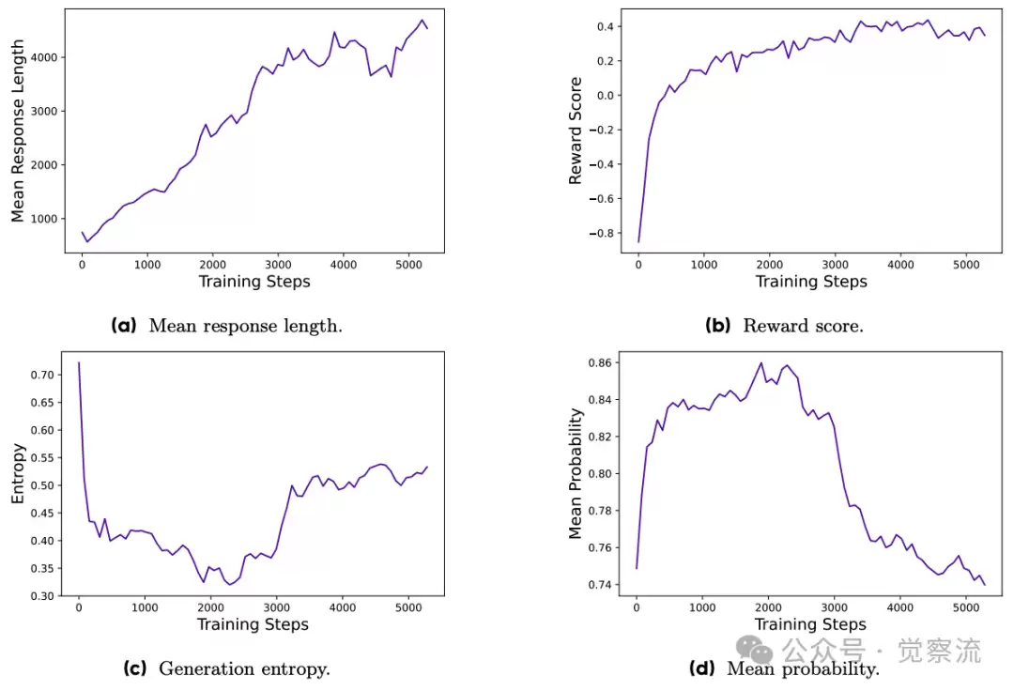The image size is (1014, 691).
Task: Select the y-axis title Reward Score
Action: (576, 131)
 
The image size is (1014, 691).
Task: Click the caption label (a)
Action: (124, 326)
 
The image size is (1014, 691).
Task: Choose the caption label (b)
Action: (718, 326)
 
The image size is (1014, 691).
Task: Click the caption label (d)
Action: (703, 668)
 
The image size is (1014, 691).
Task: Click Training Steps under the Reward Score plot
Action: (811, 281)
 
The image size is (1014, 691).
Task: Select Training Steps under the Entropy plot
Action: (252, 624)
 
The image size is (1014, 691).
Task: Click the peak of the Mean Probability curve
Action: (760, 362)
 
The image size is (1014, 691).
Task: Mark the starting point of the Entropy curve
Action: (78, 362)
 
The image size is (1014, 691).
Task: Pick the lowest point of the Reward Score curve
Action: (638, 242)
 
